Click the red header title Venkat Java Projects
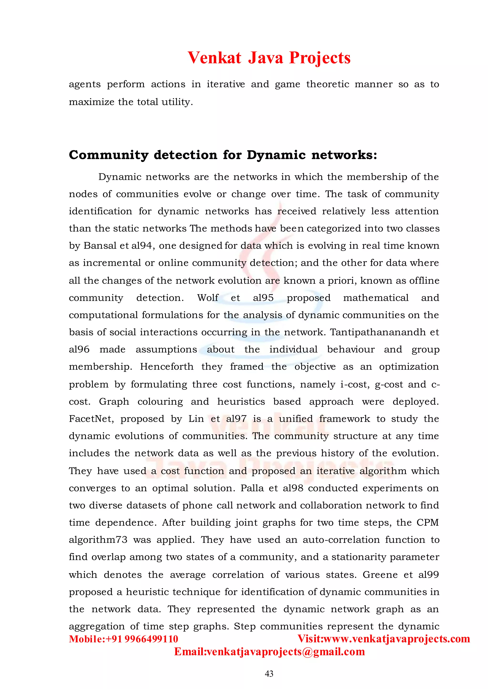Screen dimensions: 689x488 [x=269, y=58]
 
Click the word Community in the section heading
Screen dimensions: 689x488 [x=108, y=155]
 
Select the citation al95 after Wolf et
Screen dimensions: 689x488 [x=263, y=298]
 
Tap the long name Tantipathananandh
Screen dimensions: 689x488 [x=378, y=332]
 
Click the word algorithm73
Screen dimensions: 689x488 [x=98, y=540]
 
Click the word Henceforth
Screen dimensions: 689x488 [x=167, y=367]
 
